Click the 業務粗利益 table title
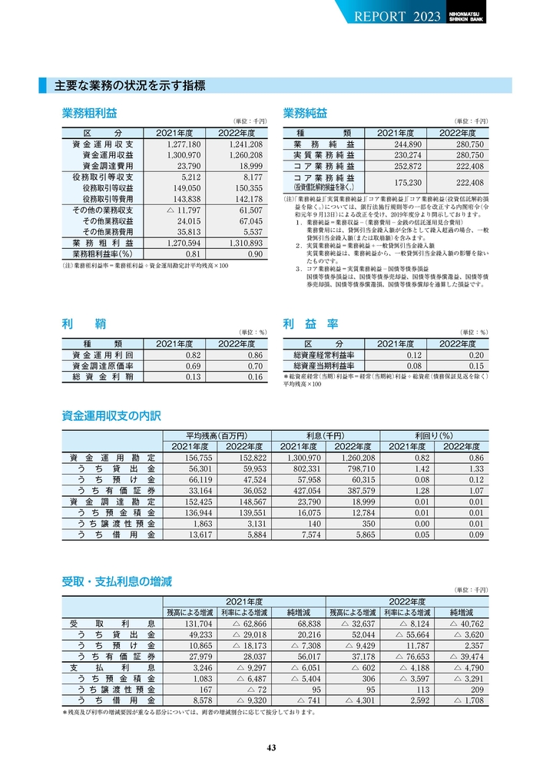click(89, 114)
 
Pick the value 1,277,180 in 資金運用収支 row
click(183, 144)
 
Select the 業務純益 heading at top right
click(305, 114)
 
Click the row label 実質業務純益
click(323, 155)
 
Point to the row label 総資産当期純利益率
click(323, 366)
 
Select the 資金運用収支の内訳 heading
click(111, 416)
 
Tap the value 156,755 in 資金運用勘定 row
click(194, 458)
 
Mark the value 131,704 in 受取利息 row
click(195, 624)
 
